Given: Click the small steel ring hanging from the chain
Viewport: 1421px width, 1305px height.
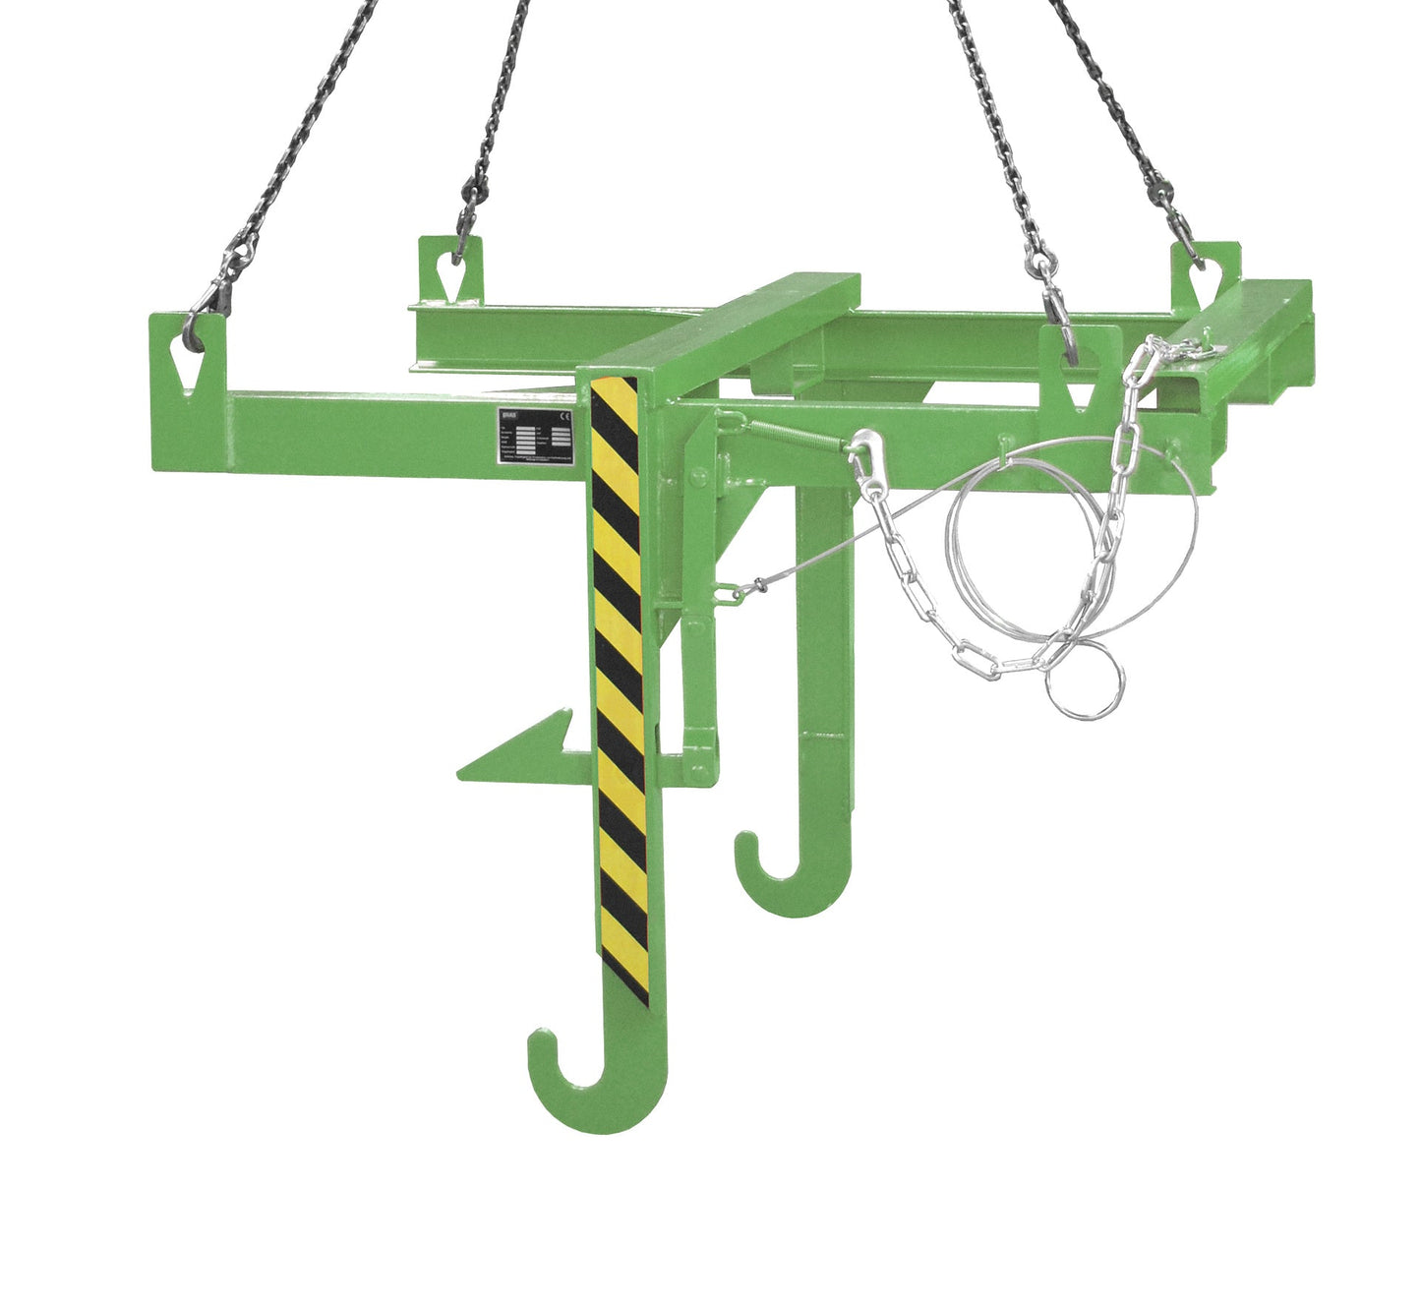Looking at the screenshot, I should click(1084, 684).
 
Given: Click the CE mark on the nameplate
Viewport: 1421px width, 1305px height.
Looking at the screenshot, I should click(562, 417).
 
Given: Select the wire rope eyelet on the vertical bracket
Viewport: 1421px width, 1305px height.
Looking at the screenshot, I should click(725, 592).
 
